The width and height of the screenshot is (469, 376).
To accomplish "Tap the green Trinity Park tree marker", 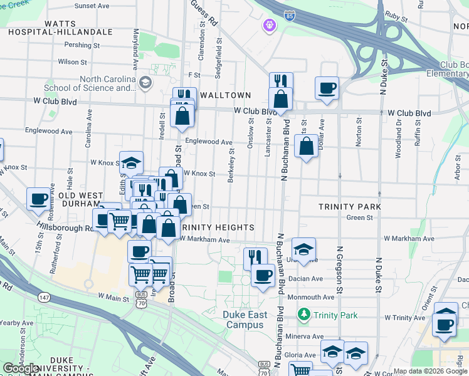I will click(304, 313).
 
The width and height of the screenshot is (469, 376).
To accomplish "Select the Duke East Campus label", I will click(246, 320).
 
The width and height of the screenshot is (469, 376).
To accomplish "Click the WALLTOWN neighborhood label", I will click(225, 95).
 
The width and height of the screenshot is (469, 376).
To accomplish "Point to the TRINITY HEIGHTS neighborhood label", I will click(217, 227).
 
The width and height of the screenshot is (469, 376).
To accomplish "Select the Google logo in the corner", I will click(22, 368).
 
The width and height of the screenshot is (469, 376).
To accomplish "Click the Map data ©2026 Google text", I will click(430, 371).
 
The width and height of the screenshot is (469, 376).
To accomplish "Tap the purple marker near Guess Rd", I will click(270, 26).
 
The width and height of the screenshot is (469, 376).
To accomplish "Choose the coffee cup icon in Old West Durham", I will click(38, 199).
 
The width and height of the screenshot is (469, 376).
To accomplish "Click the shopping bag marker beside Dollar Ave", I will click(306, 148).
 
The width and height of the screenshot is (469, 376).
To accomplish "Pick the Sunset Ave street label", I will click(92, 6).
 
